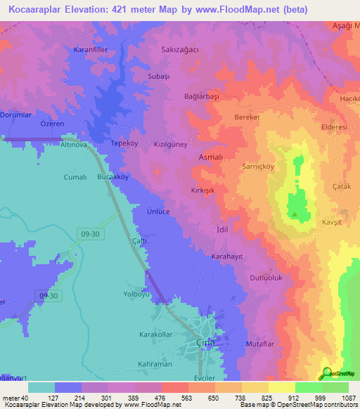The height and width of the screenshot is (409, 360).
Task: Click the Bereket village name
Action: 248,117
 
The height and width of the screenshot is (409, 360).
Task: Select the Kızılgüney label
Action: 171,144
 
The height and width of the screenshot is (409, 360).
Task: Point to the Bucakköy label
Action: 112,178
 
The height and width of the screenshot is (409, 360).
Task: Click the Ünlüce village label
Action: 159,212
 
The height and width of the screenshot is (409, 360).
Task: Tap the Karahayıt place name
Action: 227,257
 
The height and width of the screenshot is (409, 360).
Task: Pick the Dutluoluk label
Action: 266,278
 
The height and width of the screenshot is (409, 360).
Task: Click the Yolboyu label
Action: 138,294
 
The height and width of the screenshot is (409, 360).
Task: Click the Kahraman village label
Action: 155,364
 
